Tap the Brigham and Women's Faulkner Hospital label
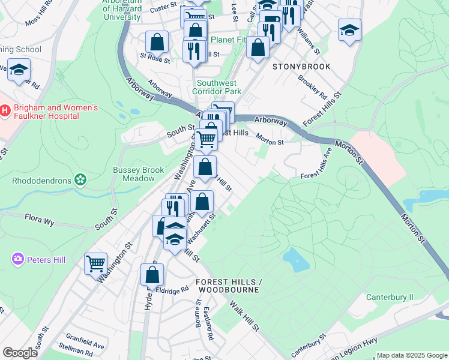click(56, 112)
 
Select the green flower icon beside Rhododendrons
click(80, 180)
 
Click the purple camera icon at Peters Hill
click(17, 259)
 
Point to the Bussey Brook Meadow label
click(138, 174)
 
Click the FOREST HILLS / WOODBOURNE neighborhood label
click(227, 286)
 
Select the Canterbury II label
click(390, 297)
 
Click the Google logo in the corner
click(20, 353)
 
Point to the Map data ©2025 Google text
click(412, 355)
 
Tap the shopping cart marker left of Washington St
click(95, 263)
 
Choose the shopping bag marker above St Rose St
click(157, 42)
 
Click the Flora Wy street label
click(40, 221)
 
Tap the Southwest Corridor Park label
click(216, 87)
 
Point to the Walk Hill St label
click(244, 316)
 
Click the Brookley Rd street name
click(312, 88)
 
